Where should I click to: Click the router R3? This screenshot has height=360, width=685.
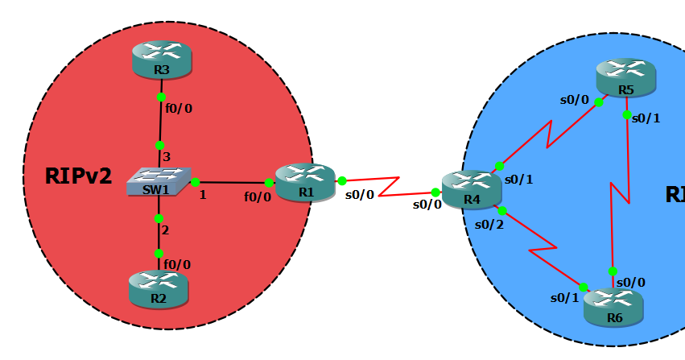coord(162,60)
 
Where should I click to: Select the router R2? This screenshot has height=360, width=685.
coord(158,289)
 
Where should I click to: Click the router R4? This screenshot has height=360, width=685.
coord(472,189)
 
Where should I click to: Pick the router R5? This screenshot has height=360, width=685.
coord(625,78)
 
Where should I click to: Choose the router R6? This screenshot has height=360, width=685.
coord(613,307)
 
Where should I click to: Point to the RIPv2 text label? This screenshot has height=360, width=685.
coord(79,176)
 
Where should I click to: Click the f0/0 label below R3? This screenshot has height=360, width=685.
coord(179,108)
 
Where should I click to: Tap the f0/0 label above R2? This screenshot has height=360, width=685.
coord(177,264)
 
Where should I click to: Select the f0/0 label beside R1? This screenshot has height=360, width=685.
coord(258,197)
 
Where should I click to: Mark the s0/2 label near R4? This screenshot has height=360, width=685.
coord(489,224)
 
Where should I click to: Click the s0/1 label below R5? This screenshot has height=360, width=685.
coord(646,118)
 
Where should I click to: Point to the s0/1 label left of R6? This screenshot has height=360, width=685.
coord(564,298)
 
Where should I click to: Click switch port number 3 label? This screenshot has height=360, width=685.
coord(167,156)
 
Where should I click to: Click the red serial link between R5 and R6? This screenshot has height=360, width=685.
coord(620,193)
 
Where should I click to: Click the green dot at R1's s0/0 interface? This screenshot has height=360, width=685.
coord(342,181)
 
